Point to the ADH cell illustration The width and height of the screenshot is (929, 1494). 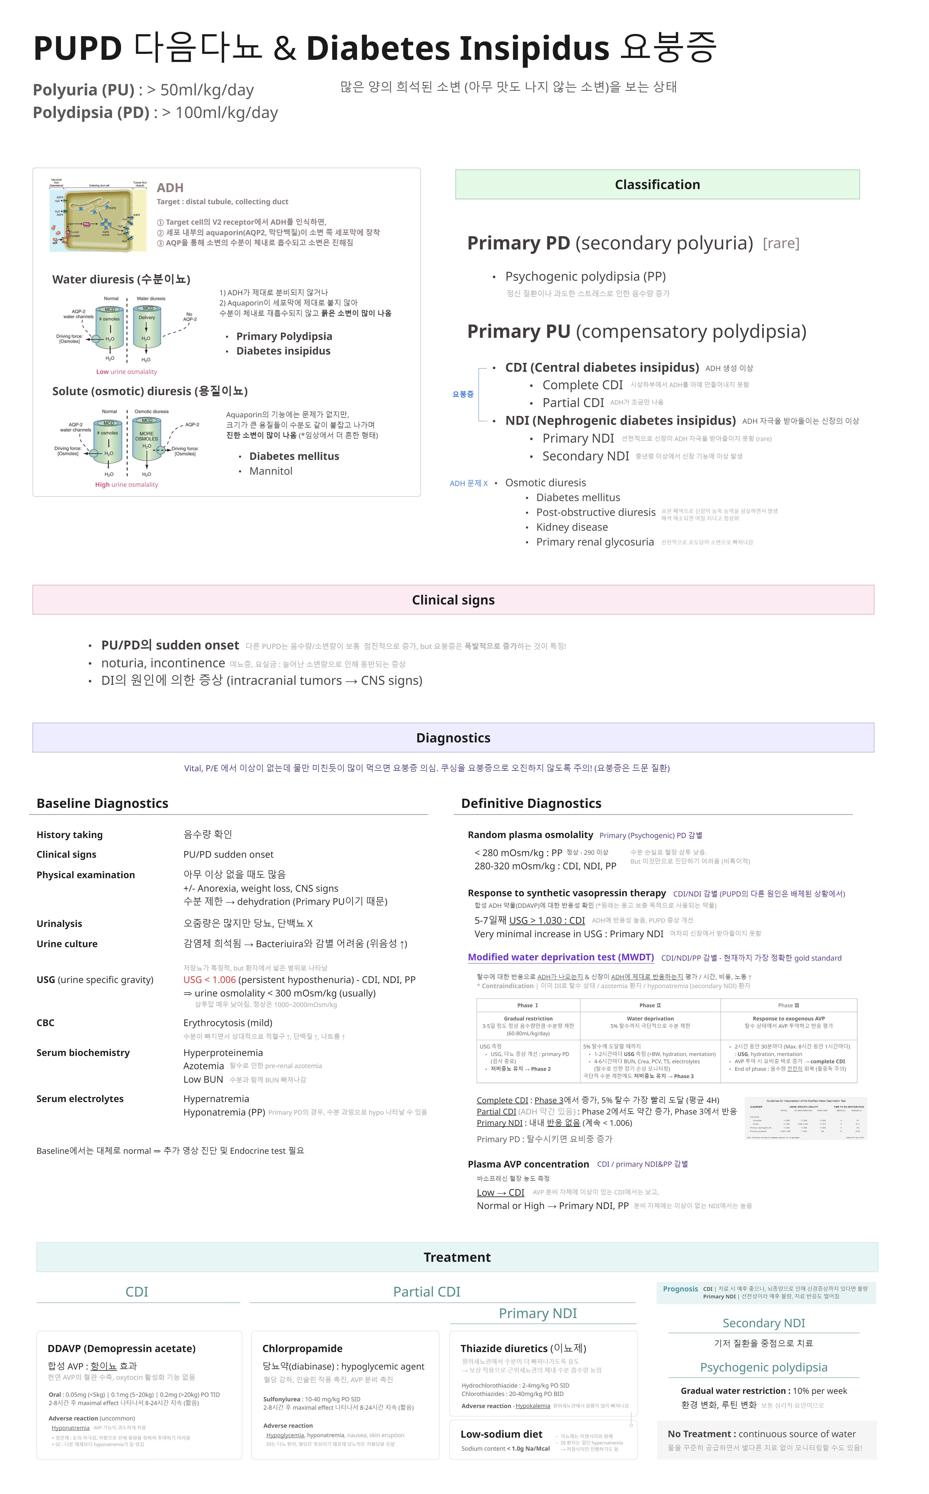pyautogui.click(x=98, y=216)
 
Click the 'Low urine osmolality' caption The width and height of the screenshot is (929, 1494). pyautogui.click(x=127, y=372)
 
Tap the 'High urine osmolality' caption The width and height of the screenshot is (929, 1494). pyautogui.click(x=127, y=485)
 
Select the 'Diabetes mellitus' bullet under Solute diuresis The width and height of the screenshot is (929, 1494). pyautogui.click(x=294, y=456)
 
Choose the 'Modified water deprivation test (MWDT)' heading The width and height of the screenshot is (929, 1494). pyautogui.click(x=560, y=957)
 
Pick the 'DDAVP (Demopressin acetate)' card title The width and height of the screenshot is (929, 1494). pyautogui.click(x=122, y=1348)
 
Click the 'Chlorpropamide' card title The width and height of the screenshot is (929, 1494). pyautogui.click(x=302, y=1348)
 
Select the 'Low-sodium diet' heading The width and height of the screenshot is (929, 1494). pyautogui.click(x=501, y=1434)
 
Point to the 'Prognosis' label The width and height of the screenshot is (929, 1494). pyautogui.click(x=680, y=1289)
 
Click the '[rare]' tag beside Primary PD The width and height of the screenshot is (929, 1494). pyautogui.click(x=781, y=243)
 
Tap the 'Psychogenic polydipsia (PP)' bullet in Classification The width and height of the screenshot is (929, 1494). pyautogui.click(x=585, y=277)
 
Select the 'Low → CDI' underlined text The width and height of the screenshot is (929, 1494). pyautogui.click(x=500, y=1192)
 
